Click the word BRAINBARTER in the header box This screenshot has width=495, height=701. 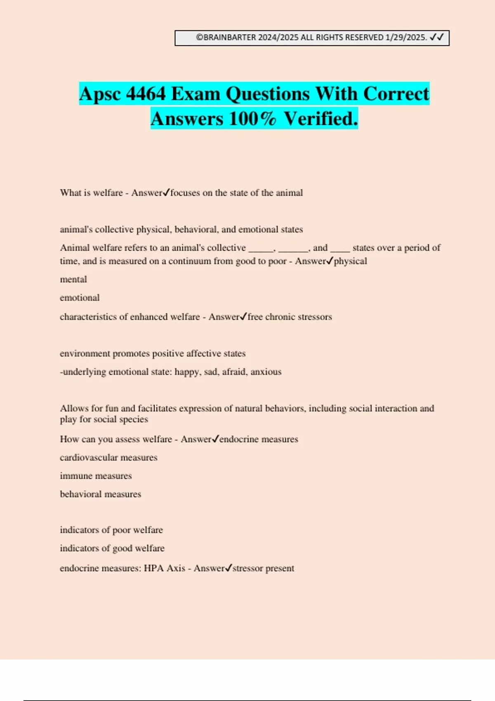click(230, 38)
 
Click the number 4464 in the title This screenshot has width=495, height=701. click(146, 94)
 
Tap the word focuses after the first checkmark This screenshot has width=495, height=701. click(185, 193)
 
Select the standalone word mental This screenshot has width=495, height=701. click(73, 279)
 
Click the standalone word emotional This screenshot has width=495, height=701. click(80, 298)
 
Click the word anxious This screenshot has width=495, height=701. click(266, 372)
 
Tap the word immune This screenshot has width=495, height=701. click(74, 476)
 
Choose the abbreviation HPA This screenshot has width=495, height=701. click(154, 568)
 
